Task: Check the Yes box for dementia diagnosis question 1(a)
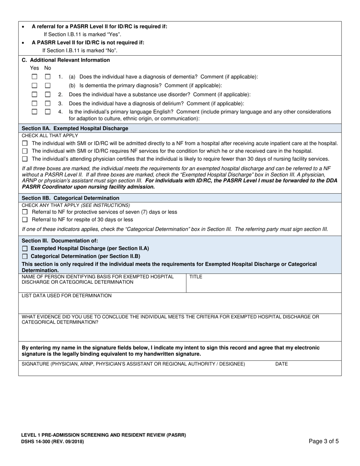[34, 77]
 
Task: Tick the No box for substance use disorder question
[48, 94]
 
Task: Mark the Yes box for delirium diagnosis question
[34, 103]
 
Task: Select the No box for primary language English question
[48, 112]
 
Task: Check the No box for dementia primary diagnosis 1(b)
[48, 86]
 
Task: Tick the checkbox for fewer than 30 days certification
[25, 159]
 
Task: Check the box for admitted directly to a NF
[25, 143]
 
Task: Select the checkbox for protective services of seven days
[25, 212]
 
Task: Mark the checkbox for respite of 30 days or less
[25, 219]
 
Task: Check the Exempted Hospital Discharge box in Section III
[25, 249]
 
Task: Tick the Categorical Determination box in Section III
[25, 256]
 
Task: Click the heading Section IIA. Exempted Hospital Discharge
[75, 128]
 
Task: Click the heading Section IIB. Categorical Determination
[70, 198]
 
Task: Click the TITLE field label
[196, 277]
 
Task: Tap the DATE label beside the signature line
[281, 364]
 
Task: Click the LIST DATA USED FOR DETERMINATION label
[67, 296]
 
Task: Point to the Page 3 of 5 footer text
[324, 441]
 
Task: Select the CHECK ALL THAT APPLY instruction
[50, 136]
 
